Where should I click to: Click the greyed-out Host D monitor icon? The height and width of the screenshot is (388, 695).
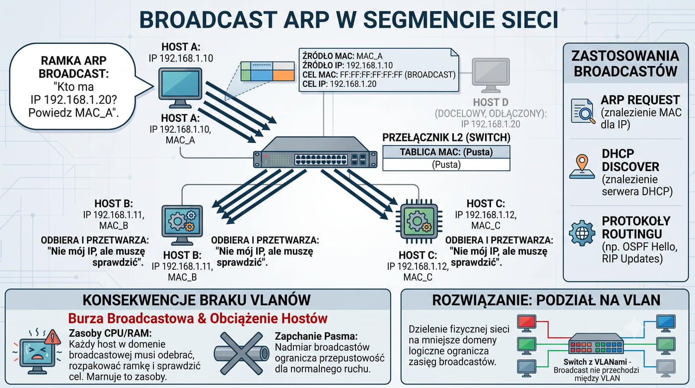491,76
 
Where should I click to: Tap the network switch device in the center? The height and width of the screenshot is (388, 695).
315,153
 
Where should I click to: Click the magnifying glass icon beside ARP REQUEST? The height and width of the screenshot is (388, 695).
583,111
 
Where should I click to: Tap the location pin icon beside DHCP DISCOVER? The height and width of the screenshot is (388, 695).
582,166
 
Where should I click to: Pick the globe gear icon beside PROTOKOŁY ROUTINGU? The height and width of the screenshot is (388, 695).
582,233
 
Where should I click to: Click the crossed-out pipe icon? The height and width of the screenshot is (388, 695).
241,353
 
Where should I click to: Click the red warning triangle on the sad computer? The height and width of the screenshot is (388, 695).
53,337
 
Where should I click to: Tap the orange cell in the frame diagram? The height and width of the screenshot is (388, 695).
283,76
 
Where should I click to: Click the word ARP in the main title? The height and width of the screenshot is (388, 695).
306,19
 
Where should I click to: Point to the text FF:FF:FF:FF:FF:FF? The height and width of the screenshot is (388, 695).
371,75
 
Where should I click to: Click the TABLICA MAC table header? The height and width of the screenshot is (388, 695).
446,152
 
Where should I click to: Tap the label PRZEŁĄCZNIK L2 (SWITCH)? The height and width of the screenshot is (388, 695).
446,138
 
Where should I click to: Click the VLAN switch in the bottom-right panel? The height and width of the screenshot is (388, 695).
596,343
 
